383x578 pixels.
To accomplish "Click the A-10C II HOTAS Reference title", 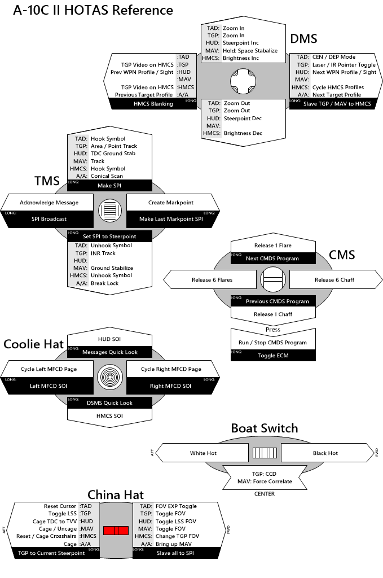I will pyautogui.click(x=93, y=10).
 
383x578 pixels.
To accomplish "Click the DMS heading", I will pyautogui.click(x=303, y=38).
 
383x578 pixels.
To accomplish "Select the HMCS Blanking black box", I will pyautogui.click(x=153, y=104).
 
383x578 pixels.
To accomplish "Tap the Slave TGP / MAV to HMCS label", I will pyautogui.click(x=337, y=104).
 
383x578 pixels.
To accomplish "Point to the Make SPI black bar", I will pyautogui.click(x=109, y=186).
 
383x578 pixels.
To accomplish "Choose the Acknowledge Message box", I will pyautogui.click(x=49, y=203).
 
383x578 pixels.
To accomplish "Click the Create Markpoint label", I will pyautogui.click(x=171, y=203).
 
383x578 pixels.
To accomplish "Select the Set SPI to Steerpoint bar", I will pyautogui.click(x=109, y=236).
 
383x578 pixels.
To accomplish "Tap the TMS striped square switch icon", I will pyautogui.click(x=110, y=211).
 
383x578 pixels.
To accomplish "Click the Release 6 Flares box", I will pyautogui.click(x=212, y=279).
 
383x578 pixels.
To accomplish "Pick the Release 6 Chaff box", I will pyautogui.click(x=334, y=279).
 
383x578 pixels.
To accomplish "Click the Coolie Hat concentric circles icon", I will pyautogui.click(x=110, y=378).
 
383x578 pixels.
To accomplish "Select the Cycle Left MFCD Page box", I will pyautogui.click(x=49, y=369).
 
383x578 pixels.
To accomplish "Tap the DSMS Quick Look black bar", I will pyautogui.click(x=110, y=403).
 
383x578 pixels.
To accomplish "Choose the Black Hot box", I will pyautogui.click(x=325, y=453).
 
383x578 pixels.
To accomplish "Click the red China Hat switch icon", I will pyautogui.click(x=115, y=530).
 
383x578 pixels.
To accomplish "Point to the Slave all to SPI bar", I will pyautogui.click(x=175, y=553).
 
